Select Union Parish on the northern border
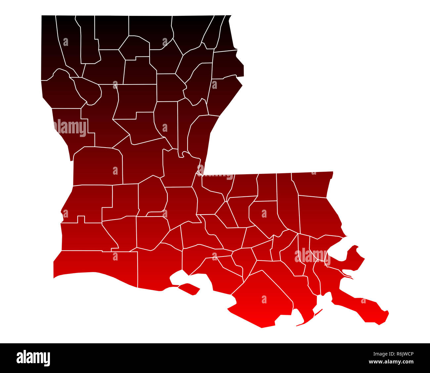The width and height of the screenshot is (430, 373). pos(150,28)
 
